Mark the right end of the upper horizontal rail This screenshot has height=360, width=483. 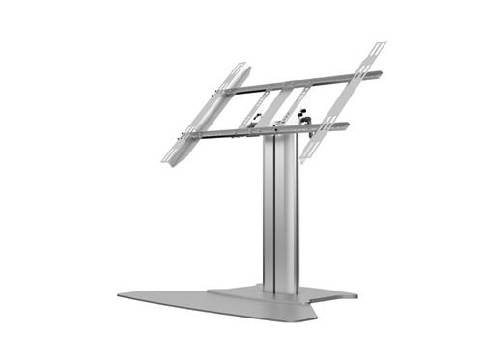coord(380,73)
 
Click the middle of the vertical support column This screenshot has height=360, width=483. coord(278,212)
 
